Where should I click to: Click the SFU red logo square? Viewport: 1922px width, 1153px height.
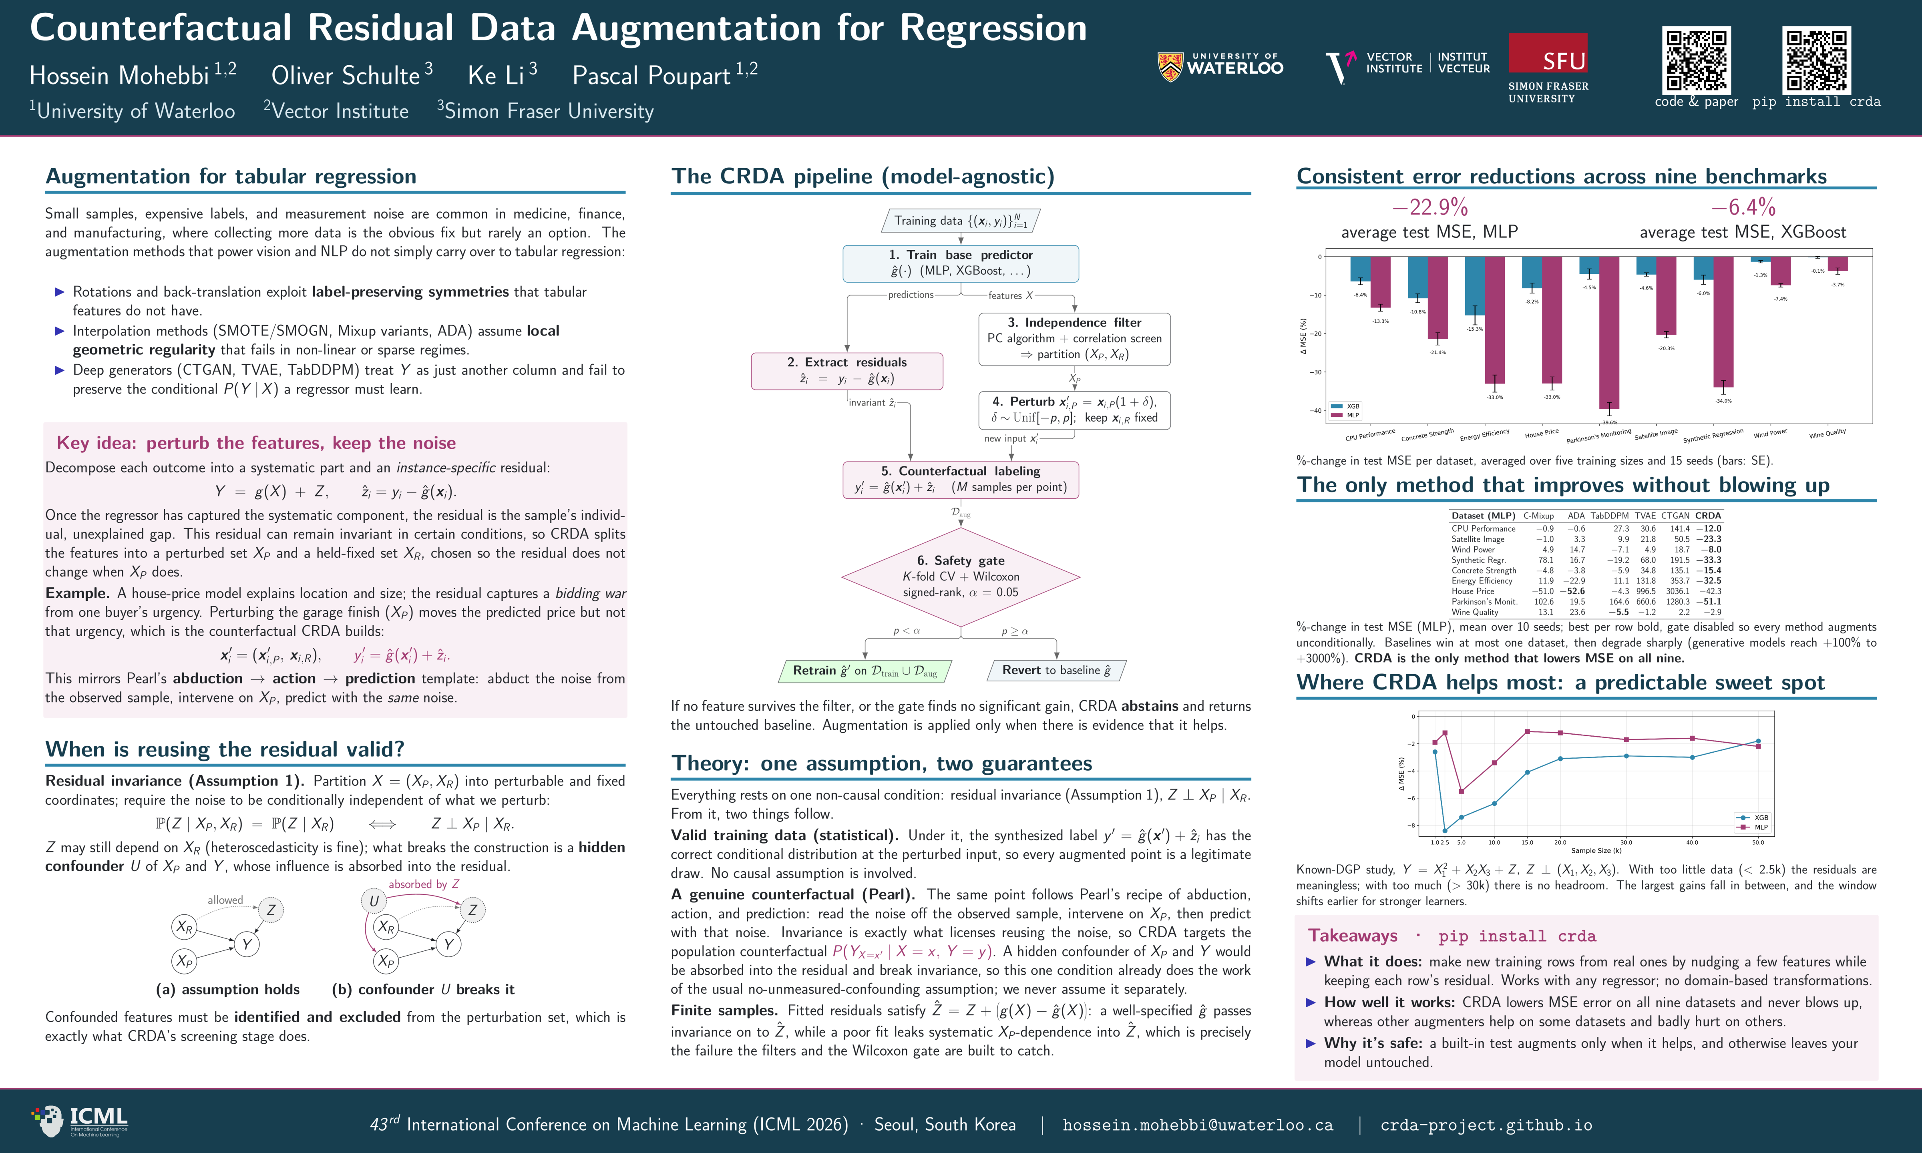point(1548,53)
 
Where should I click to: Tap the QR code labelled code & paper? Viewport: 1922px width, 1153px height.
point(1696,60)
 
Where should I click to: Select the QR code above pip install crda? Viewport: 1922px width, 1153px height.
point(1816,60)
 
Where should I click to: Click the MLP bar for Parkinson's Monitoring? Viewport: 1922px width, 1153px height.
point(1609,333)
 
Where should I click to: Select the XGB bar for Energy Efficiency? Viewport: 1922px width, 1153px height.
point(1474,286)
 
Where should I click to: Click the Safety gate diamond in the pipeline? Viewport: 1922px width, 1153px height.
point(961,576)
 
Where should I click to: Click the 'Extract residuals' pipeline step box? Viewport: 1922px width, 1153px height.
point(847,371)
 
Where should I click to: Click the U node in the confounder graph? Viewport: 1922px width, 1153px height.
point(374,900)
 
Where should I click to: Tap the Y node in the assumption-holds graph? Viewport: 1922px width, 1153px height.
point(246,944)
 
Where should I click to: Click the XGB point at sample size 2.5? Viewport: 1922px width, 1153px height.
point(1445,831)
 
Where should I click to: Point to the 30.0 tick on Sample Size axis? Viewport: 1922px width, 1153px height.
point(1626,842)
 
